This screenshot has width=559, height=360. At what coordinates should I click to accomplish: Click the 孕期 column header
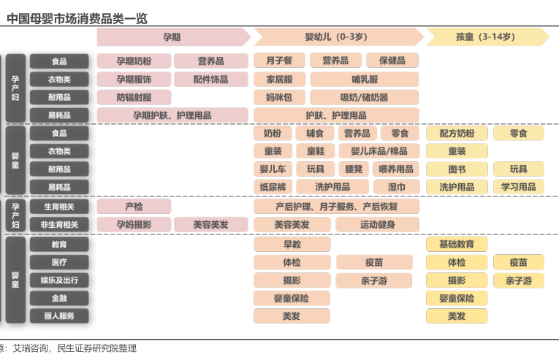(172, 37)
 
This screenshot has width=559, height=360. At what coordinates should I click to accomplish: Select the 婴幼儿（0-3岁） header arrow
(336, 37)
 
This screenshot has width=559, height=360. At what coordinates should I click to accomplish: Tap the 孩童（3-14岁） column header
(484, 37)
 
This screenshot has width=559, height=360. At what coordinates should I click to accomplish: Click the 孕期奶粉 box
(134, 61)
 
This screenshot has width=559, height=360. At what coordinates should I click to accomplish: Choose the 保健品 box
(392, 61)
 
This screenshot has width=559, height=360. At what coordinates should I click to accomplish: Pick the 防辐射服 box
(134, 97)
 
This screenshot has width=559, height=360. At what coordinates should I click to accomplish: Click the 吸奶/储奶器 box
(364, 97)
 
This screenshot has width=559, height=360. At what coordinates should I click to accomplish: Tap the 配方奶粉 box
(457, 134)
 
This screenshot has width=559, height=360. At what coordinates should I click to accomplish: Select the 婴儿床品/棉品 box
(379, 151)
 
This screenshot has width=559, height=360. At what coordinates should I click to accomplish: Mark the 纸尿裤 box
(273, 187)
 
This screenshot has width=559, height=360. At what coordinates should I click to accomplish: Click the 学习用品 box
(518, 187)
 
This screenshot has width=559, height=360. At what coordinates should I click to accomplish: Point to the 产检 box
(134, 207)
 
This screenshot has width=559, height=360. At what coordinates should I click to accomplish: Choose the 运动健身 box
(378, 225)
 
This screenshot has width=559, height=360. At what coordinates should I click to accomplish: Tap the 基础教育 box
(457, 244)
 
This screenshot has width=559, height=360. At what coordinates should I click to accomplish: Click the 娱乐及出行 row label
(59, 280)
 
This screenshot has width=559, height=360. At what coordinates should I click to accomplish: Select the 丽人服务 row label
(59, 316)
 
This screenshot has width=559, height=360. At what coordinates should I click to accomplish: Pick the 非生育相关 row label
(59, 225)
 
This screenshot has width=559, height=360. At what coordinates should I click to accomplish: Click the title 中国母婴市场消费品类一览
(77, 18)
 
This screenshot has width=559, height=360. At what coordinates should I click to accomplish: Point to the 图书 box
(457, 169)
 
